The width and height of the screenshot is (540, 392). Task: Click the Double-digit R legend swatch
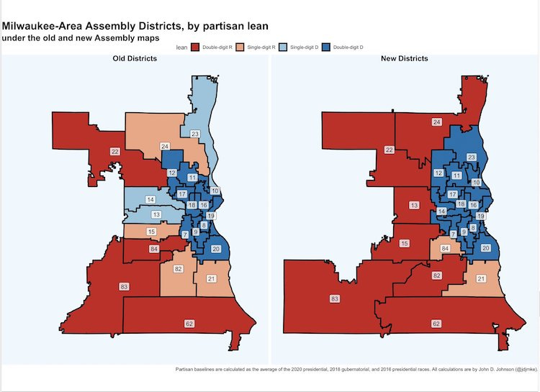click(x=194, y=47)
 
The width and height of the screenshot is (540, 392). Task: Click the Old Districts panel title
click(x=135, y=58)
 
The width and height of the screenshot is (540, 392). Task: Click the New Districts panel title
click(x=404, y=58)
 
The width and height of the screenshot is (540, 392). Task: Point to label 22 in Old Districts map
click(x=114, y=152)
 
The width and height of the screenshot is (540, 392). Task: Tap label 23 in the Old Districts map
click(x=194, y=134)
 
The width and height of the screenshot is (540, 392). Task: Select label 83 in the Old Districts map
click(x=124, y=286)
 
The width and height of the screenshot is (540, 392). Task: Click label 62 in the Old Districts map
click(x=189, y=324)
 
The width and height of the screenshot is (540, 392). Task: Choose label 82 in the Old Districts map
click(x=178, y=268)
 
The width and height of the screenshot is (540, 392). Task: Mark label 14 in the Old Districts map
click(x=150, y=199)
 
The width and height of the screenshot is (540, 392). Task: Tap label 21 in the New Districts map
click(x=481, y=278)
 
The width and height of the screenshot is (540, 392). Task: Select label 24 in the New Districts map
click(x=436, y=123)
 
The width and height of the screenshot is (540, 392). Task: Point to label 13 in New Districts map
click(x=414, y=206)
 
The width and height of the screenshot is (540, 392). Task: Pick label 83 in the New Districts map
click(x=334, y=298)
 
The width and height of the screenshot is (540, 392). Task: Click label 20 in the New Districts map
click(x=485, y=248)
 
